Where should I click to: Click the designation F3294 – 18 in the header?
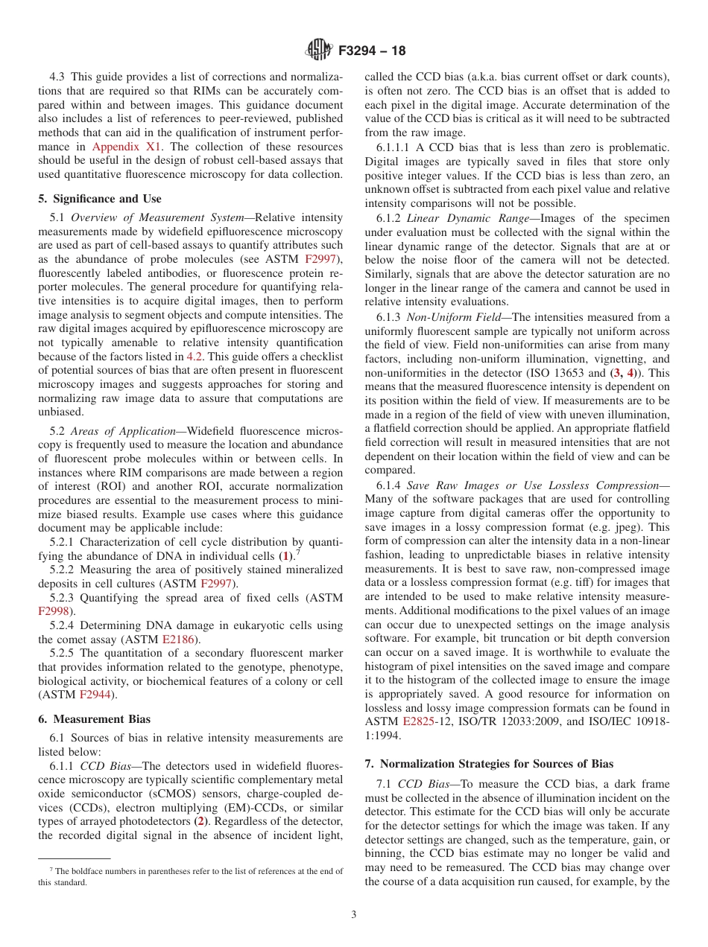click(372, 51)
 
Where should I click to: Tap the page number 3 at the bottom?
click(354, 914)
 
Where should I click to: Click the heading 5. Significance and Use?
click(99, 199)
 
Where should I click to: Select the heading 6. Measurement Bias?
click(94, 719)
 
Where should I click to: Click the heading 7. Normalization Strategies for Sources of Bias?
click(489, 764)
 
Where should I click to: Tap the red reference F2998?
click(54, 610)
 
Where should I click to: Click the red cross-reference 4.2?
click(195, 357)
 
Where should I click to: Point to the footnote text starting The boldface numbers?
click(190, 872)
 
